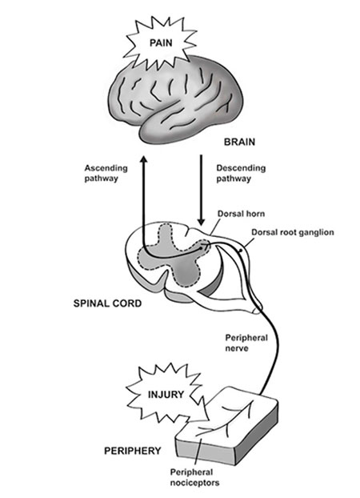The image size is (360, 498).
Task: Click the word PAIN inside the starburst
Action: coord(161,43)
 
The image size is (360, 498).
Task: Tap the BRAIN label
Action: coord(239,142)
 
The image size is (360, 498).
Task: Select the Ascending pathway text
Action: coord(106,173)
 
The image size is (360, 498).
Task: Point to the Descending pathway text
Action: coord(241,173)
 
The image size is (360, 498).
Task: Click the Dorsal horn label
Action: coord(241,214)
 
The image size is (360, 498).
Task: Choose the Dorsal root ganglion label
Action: coord(293,232)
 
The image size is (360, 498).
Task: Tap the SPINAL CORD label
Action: coord(107,303)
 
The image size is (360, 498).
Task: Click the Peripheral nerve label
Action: coord(246,343)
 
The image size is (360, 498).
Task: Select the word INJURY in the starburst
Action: coord(166,395)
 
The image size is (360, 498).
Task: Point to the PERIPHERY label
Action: coord(132,451)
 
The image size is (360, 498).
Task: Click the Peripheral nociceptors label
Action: coord(194,477)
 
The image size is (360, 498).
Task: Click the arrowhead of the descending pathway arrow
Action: coord(201,222)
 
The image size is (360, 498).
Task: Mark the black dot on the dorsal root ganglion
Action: coord(241,251)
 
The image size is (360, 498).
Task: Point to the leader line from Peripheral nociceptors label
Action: coord(197,452)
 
